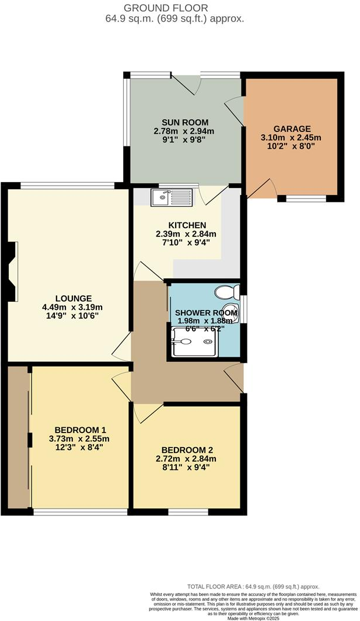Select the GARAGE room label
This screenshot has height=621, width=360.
pos(292,129)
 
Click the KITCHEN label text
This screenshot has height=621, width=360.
pos(187,225)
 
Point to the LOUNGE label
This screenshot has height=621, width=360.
pos(57,298)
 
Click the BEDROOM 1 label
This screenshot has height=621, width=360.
pos(78,430)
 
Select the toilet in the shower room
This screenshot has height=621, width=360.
pos(227,292)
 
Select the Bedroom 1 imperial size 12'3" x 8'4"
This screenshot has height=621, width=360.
pos(79,449)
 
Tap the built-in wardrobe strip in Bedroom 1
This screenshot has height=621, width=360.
pos(19,437)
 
